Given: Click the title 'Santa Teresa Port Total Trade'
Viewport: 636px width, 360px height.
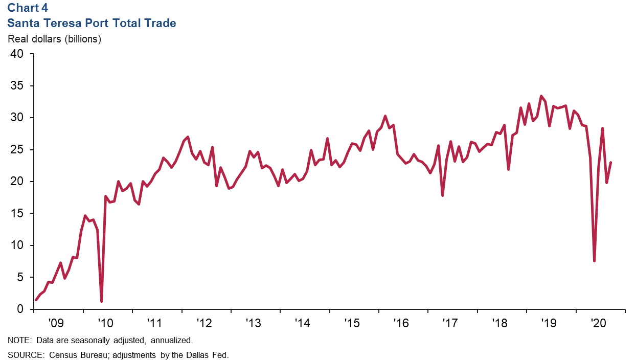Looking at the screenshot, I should (92, 24).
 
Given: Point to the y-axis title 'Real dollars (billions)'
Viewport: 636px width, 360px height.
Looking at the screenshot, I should (54, 39).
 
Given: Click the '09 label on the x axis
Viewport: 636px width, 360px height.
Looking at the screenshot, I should (56, 323).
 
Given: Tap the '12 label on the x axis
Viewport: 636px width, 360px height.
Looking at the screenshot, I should (204, 323).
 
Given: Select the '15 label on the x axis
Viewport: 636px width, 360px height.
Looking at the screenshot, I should (352, 323).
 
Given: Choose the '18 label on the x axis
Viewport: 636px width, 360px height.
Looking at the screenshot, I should (500, 323).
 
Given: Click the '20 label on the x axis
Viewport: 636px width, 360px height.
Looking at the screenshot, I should (599, 323).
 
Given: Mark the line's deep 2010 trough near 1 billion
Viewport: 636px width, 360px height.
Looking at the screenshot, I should (101, 301).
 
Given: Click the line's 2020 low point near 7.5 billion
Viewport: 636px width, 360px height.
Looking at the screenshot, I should (594, 261).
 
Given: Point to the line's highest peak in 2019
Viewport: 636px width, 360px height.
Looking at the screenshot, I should (541, 96).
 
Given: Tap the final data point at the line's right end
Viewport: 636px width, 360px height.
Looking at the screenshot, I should (611, 163).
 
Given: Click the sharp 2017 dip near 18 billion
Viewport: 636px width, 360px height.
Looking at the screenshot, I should (442, 195).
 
